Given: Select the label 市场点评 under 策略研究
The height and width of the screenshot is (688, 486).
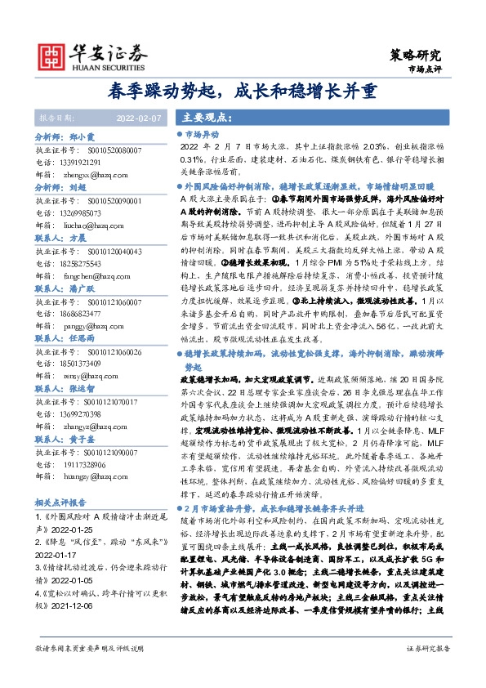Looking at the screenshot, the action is [424, 70].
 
